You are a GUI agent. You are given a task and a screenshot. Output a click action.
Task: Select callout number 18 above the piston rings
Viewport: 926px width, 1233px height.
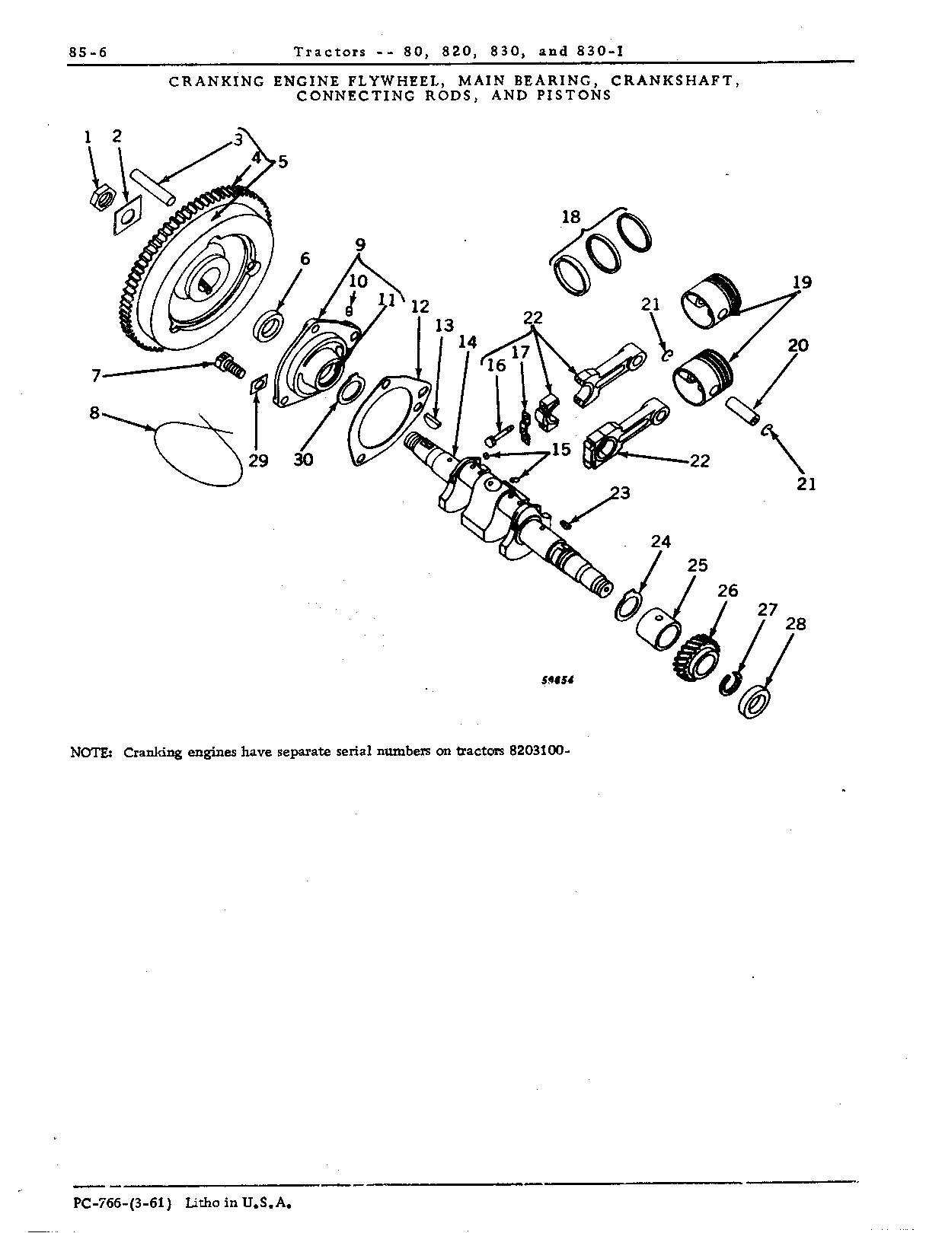[x=571, y=217]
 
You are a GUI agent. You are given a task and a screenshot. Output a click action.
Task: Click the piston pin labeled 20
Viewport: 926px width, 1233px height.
[x=742, y=411]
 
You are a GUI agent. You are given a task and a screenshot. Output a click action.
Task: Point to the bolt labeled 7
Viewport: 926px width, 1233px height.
[x=230, y=367]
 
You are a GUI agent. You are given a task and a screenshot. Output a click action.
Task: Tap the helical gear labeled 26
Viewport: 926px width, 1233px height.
[x=696, y=658]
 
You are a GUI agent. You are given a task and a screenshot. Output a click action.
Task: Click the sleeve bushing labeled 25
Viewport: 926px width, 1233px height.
[x=659, y=629]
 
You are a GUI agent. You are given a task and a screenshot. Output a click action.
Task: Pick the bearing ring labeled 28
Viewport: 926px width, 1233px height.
[x=753, y=702]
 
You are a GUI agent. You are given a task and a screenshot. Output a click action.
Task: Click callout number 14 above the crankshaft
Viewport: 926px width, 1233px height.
[x=467, y=342]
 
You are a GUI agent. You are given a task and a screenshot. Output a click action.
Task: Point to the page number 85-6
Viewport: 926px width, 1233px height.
[x=88, y=53]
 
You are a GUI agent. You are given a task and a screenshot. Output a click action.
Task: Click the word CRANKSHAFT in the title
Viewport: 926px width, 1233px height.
[x=672, y=81]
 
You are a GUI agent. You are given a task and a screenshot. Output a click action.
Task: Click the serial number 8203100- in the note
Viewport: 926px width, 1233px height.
[x=539, y=751]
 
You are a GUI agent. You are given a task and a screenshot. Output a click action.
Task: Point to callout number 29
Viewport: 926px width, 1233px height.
[x=258, y=460]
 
